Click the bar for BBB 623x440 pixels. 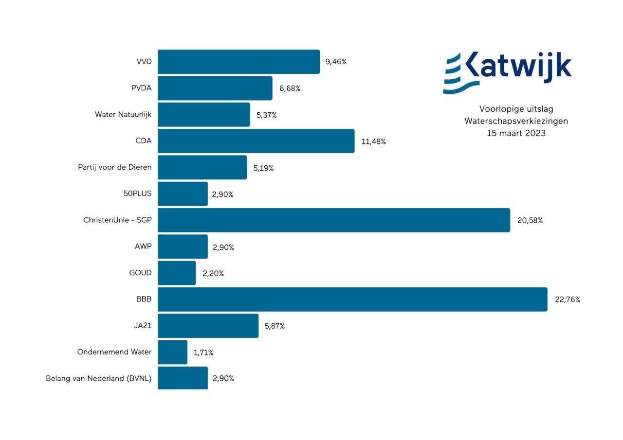point(352,299)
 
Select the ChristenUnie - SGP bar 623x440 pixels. point(334,220)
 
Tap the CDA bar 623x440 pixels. point(256,141)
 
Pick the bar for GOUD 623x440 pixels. point(177,273)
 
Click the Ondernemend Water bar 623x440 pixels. point(172,352)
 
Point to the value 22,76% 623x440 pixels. point(568,299)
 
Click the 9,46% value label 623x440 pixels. point(336,62)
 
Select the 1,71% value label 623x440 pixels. point(203,352)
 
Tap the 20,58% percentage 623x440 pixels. point(530,220)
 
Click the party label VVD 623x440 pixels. point(144,62)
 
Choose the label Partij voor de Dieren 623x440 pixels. point(115,167)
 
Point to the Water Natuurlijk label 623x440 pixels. point(123,115)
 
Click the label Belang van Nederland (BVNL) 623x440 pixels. point(99,379)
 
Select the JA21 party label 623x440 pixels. point(143,326)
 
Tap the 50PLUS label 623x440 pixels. point(138,194)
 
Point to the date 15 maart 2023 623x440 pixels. point(516,133)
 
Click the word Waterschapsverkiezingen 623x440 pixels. point(516,121)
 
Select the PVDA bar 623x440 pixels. point(215,88)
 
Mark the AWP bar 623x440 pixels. point(183,246)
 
